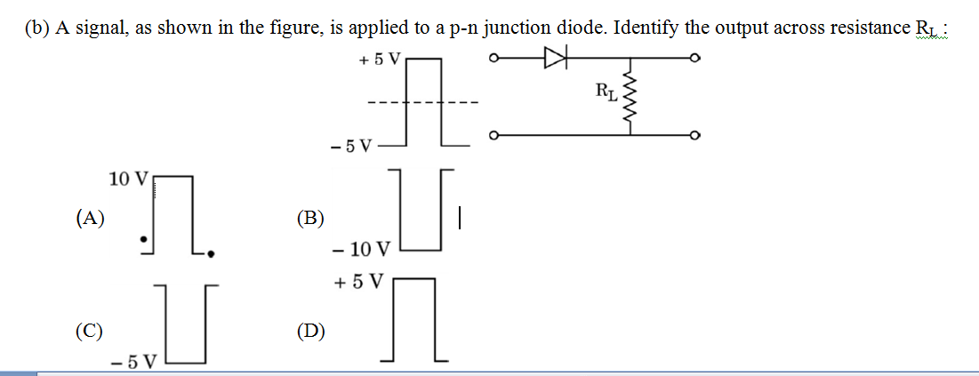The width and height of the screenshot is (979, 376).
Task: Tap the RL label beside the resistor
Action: coord(606,90)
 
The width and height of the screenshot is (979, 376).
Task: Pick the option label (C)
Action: coord(89,332)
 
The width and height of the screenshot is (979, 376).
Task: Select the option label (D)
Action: coord(310,332)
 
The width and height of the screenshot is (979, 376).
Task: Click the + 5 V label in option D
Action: coord(358,282)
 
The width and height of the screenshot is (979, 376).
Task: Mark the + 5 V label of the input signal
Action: coord(381,60)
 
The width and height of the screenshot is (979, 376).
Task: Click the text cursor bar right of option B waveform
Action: coord(459,216)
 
